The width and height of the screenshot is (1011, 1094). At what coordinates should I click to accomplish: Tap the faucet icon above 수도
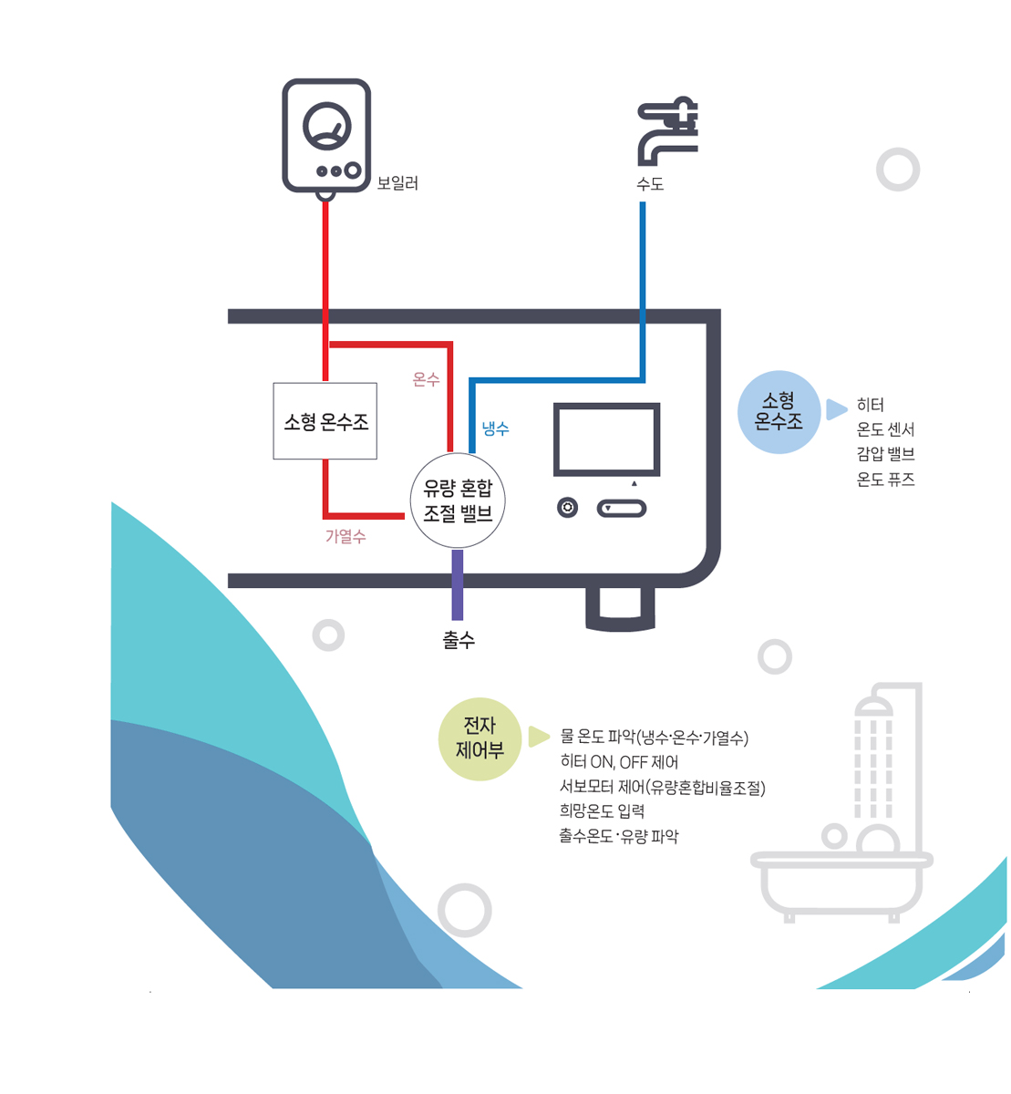(x=667, y=131)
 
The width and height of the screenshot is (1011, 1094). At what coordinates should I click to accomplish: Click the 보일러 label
(x=397, y=183)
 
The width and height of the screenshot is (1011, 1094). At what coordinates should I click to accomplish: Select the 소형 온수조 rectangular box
(x=325, y=421)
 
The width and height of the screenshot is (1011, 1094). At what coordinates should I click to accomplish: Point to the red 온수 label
(x=426, y=379)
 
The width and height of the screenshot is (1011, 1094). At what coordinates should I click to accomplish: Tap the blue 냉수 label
(x=495, y=428)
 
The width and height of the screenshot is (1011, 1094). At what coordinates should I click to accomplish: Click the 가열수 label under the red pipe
(x=346, y=536)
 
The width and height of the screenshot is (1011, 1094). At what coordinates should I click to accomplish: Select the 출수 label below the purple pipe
(x=459, y=640)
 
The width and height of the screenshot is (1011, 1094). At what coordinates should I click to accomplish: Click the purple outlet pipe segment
(x=458, y=584)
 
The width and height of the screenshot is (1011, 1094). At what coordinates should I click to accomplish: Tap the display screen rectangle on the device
(x=606, y=439)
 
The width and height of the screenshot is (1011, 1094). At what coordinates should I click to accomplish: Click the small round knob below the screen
(x=567, y=507)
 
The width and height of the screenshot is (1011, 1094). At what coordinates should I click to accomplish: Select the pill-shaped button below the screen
(x=622, y=509)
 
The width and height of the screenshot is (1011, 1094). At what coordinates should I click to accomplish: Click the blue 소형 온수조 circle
(x=779, y=412)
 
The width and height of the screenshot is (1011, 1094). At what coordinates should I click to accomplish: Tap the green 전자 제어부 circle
(x=480, y=738)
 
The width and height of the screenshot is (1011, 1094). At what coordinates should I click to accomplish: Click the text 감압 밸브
(x=885, y=454)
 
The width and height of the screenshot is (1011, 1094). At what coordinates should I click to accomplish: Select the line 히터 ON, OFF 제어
(x=619, y=762)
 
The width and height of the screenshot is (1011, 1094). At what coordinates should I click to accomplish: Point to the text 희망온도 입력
(x=602, y=810)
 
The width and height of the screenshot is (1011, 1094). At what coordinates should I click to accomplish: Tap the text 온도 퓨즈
(x=885, y=480)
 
